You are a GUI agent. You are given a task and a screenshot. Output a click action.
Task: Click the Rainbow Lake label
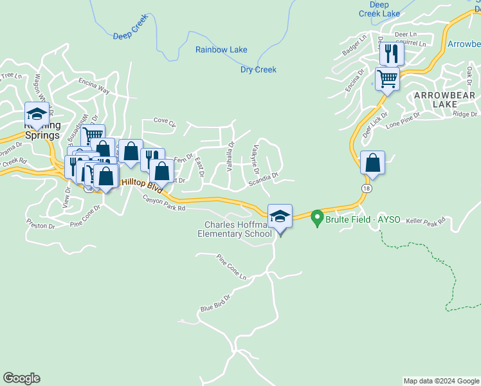(221, 50)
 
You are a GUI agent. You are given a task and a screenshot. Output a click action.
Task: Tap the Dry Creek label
(259, 69)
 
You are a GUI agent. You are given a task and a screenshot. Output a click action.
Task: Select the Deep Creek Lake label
(379, 9)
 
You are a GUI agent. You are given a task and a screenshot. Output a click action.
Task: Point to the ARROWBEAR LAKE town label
(444, 100)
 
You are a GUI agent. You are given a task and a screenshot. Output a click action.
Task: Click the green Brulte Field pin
(316, 219)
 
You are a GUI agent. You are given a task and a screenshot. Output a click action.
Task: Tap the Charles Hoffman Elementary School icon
(280, 217)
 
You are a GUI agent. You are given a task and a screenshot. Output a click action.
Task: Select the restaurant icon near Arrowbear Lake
(391, 53)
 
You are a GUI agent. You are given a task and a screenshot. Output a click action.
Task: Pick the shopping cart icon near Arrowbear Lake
(387, 79)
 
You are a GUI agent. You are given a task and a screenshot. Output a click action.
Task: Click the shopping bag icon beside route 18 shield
(372, 163)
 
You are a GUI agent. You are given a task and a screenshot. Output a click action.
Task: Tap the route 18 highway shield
(366, 188)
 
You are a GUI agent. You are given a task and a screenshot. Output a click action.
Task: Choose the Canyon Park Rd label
(163, 203)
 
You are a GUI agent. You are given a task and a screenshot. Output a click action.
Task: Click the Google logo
(21, 378)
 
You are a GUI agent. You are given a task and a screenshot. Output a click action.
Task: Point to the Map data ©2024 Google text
(440, 381)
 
